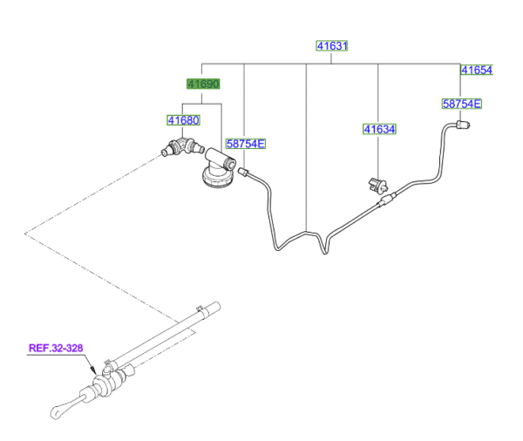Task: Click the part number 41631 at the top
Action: (x=331, y=45)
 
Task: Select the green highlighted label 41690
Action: (x=202, y=85)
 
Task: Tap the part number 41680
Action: (x=184, y=120)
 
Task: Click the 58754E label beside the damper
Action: (x=245, y=143)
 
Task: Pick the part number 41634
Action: (x=379, y=129)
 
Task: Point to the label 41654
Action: (x=477, y=70)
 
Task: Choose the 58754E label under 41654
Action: (x=462, y=104)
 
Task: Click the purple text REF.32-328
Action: (x=56, y=348)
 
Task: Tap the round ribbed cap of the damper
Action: (x=214, y=179)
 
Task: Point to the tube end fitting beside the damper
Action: (x=246, y=173)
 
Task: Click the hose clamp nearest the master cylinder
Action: (x=112, y=360)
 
